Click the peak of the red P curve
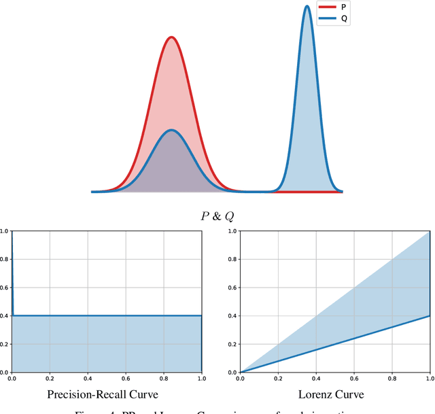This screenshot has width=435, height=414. (172, 37)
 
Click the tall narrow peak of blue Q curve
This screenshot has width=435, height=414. (307, 7)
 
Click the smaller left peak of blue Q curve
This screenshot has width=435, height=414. (172, 131)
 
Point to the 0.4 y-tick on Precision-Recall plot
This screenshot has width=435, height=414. (5, 316)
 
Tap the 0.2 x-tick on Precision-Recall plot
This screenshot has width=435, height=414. (49, 377)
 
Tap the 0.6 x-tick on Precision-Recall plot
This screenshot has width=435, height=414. (125, 377)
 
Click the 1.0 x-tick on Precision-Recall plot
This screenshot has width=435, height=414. (201, 377)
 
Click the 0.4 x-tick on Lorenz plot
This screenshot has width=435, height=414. (316, 377)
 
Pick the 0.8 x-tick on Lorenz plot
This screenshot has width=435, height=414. (392, 377)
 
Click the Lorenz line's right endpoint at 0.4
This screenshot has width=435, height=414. (430, 315)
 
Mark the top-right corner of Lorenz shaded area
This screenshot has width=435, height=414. (430, 232)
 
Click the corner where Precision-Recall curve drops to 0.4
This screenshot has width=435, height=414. (13, 315)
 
